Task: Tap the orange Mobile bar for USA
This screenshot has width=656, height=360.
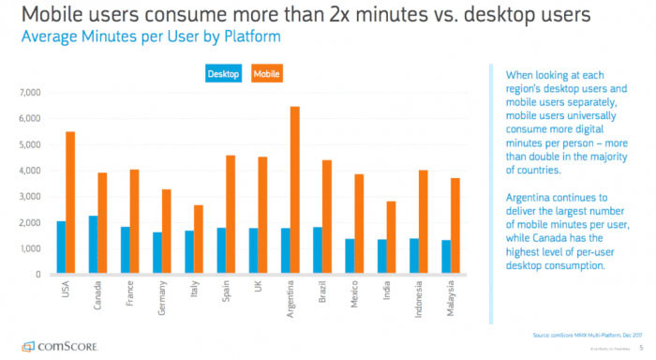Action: click(70, 202)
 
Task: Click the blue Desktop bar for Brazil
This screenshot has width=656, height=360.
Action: click(318, 250)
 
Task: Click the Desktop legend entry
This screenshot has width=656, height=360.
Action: click(223, 72)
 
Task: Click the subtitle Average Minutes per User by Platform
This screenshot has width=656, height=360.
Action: click(130, 36)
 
